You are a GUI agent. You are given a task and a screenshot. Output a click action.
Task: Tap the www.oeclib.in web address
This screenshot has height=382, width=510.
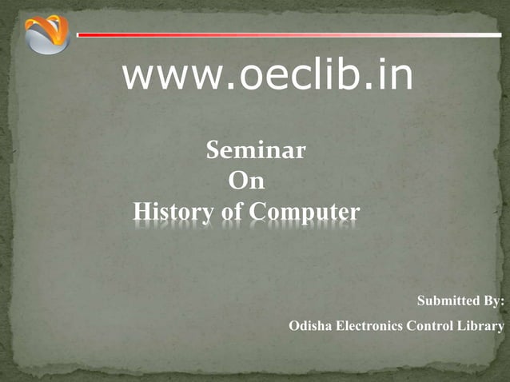point(268,76)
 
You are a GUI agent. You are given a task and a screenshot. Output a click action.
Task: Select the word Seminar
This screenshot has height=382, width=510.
point(256,150)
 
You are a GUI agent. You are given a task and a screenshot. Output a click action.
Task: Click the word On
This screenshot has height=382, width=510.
point(246,181)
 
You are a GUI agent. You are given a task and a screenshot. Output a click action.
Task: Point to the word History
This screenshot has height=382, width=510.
point(171,213)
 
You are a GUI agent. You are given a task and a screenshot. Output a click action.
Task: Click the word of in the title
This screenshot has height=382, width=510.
point(229,213)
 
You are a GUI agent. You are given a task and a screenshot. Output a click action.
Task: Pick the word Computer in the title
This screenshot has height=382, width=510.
point(305,213)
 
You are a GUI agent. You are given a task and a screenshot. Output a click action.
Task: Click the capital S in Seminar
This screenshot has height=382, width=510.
point(214,150)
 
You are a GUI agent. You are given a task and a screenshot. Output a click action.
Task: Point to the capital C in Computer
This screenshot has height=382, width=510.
point(258,213)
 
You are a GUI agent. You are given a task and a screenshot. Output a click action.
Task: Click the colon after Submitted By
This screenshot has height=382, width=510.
point(503,302)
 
